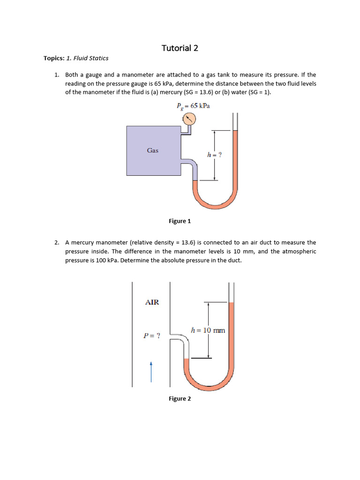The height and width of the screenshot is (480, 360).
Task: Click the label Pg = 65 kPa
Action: [x=193, y=106]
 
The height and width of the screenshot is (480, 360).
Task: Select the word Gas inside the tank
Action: [x=152, y=150]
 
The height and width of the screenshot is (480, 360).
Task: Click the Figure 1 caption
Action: [x=180, y=221]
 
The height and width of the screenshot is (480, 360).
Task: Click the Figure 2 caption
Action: [x=180, y=398]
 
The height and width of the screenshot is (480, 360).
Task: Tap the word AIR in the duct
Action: [x=152, y=302]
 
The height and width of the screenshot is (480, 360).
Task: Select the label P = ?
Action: [x=152, y=336]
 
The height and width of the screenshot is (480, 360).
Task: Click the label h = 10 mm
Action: [x=208, y=330]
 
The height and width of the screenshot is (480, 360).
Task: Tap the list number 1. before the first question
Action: [x=57, y=75]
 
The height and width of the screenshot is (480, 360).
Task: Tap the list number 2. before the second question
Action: [x=57, y=242]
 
